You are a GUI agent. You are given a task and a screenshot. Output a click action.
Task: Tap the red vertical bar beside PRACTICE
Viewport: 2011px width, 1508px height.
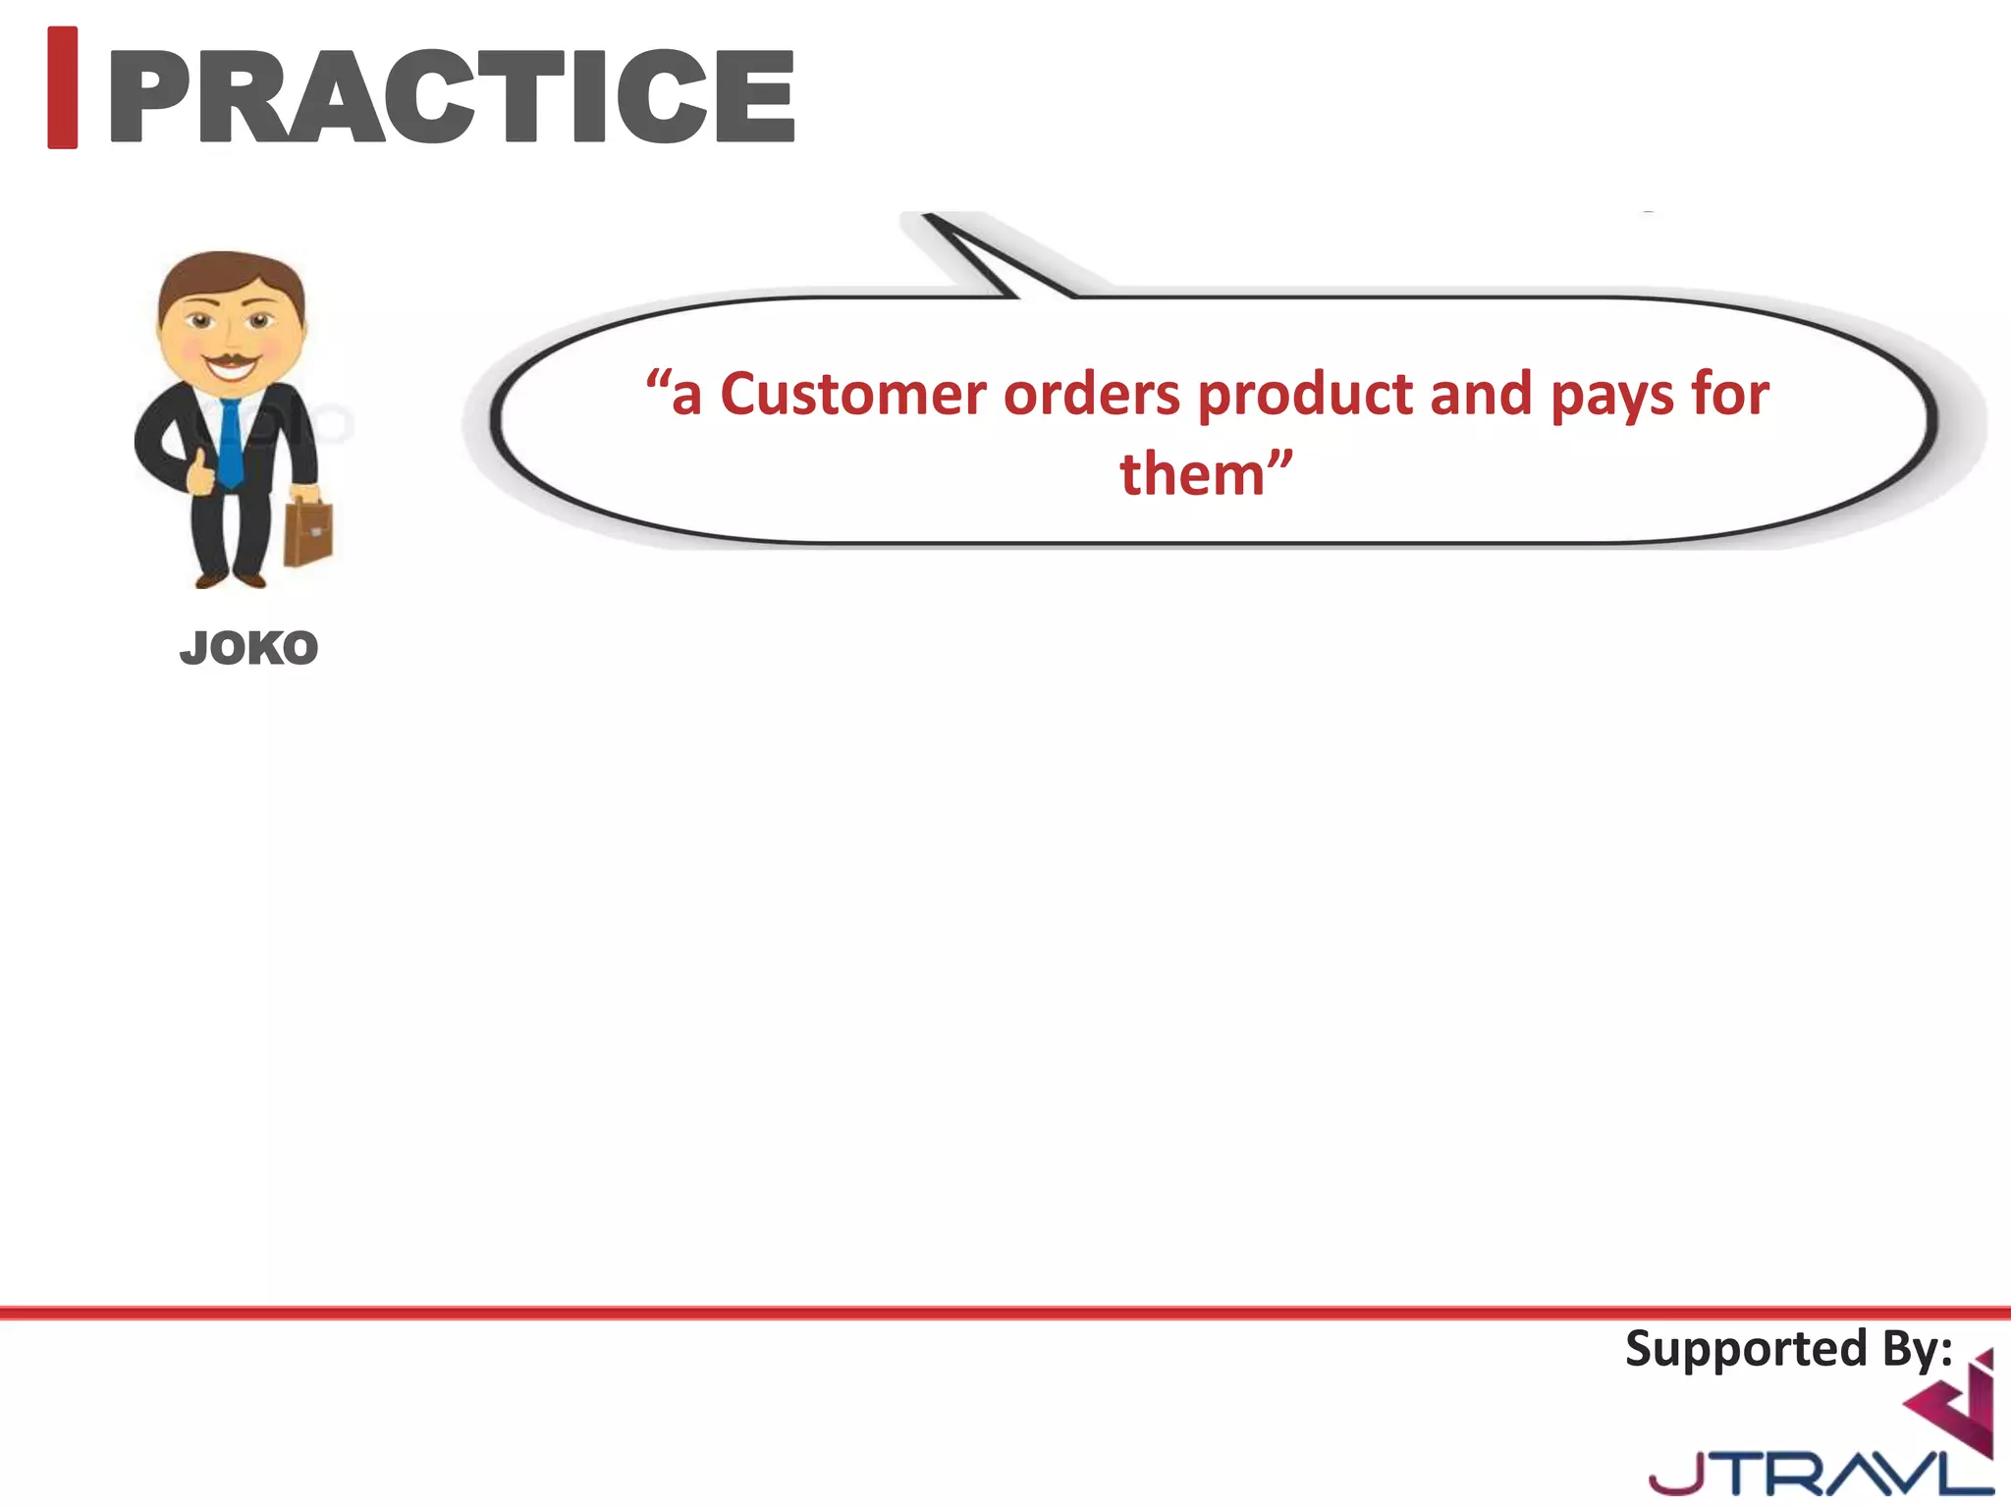[63, 88]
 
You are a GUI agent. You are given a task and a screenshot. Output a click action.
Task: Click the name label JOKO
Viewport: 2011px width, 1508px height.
[249, 649]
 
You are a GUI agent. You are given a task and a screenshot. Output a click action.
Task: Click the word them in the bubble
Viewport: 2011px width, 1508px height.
[1192, 475]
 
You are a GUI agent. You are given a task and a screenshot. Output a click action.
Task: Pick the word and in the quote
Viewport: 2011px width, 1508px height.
[1480, 395]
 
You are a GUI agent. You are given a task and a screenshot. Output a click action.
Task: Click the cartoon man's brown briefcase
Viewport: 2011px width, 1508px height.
[308, 533]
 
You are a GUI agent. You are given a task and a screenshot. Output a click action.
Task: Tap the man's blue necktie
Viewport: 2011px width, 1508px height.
[230, 442]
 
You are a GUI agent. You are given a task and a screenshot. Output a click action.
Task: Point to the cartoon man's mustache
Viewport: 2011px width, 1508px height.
[230, 359]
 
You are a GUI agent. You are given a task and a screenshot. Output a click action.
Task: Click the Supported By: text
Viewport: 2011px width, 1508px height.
[1788, 1349]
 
